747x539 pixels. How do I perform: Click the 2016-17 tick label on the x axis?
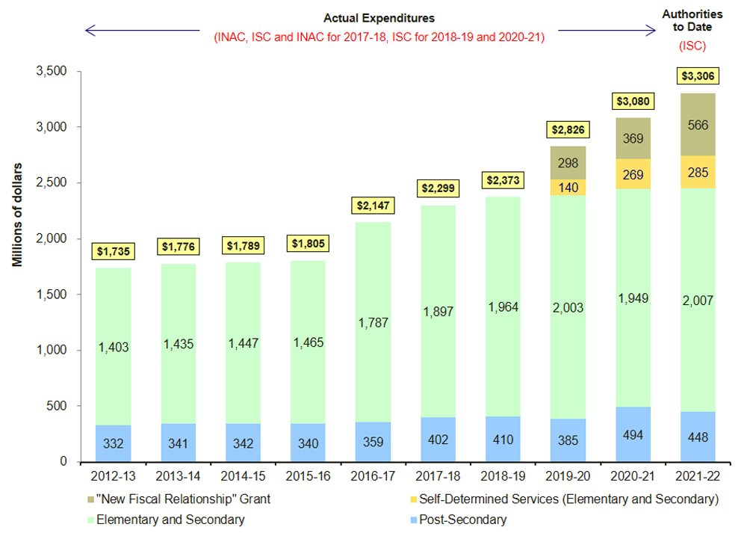tap(371, 476)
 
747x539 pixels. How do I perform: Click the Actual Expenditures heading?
tap(379, 17)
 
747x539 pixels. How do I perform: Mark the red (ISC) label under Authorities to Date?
tap(692, 46)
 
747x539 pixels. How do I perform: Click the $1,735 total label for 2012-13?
tap(113, 251)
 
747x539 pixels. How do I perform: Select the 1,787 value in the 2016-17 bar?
tap(371, 322)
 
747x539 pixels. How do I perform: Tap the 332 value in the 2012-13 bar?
tap(113, 443)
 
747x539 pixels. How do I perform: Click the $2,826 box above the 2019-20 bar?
tap(567, 129)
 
